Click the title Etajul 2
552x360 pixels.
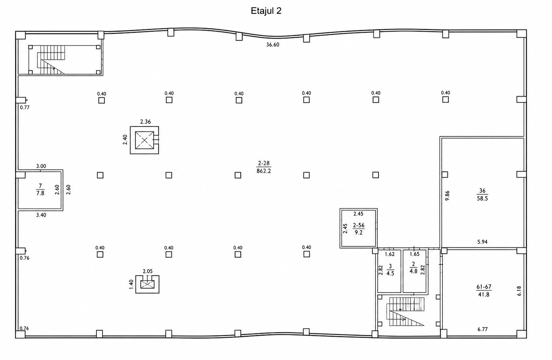coord(266,11)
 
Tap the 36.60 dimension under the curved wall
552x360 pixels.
coord(272,44)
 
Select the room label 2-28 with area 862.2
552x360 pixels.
coord(264,167)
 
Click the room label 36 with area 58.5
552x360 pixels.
coord(482,194)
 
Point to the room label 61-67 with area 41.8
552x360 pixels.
coord(484,291)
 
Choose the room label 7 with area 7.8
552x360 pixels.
coord(41,190)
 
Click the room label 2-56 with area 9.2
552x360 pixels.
coord(359,229)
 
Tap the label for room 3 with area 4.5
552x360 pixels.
coord(390,270)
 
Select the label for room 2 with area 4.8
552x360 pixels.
coord(413,268)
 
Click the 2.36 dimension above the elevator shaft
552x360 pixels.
coord(145,122)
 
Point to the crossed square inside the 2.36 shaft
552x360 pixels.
coord(144,140)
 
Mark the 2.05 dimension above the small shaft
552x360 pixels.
coord(148,272)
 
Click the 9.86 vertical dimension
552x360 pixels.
coord(447,196)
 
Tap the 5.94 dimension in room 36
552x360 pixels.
coord(482,242)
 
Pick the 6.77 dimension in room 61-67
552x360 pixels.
coord(483,329)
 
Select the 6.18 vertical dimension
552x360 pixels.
coord(519,291)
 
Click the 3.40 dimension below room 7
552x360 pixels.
coord(41,215)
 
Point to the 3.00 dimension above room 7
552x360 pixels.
coord(41,166)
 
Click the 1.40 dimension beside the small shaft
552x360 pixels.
coord(131,284)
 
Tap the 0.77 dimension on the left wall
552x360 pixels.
coord(25,107)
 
